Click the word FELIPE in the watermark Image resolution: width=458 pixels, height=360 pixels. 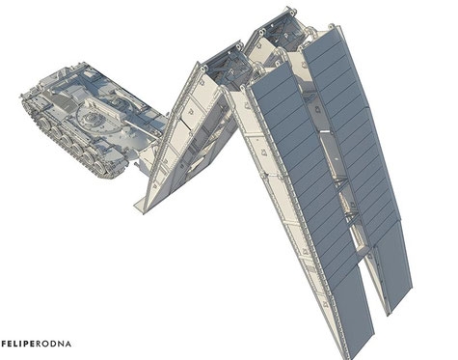(18, 344)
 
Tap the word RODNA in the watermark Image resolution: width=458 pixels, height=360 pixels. (53, 344)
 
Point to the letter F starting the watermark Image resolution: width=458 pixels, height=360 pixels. (4, 344)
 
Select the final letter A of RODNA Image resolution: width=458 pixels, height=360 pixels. (67, 344)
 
